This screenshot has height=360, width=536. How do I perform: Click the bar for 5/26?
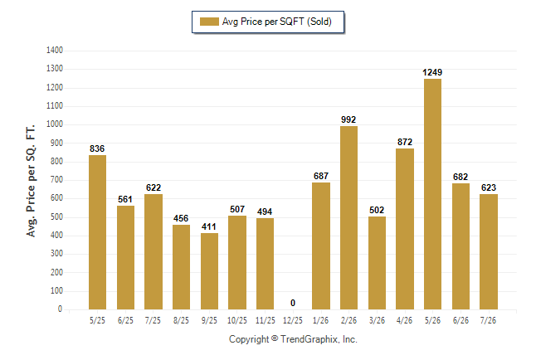tap(432, 194)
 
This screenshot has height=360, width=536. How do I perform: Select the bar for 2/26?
tap(348, 218)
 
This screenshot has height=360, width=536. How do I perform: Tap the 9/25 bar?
tap(209, 271)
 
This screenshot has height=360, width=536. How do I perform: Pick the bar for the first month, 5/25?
tap(97, 232)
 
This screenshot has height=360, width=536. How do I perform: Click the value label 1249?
tap(432, 72)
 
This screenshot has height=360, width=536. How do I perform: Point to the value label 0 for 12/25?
tap(293, 303)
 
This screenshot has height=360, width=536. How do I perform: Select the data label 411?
tap(209, 226)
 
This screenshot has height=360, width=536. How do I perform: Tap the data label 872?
tap(405, 142)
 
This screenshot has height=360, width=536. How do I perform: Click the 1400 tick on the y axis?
tap(55, 51)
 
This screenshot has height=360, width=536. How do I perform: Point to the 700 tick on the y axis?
tap(56, 180)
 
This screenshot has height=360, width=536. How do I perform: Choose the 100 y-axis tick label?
tap(56, 290)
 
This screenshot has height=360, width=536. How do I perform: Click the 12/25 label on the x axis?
tap(293, 320)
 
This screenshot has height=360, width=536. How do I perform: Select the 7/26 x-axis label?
tap(488, 320)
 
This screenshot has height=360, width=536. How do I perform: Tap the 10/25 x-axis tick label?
tap(237, 320)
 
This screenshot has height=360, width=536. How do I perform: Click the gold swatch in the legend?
tap(209, 22)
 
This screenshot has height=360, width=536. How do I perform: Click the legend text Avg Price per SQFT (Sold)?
tap(277, 22)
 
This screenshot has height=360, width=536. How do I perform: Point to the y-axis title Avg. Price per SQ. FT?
tap(31, 181)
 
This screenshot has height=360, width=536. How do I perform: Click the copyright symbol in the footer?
tap(275, 338)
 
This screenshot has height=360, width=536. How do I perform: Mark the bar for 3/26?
tap(377, 263)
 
